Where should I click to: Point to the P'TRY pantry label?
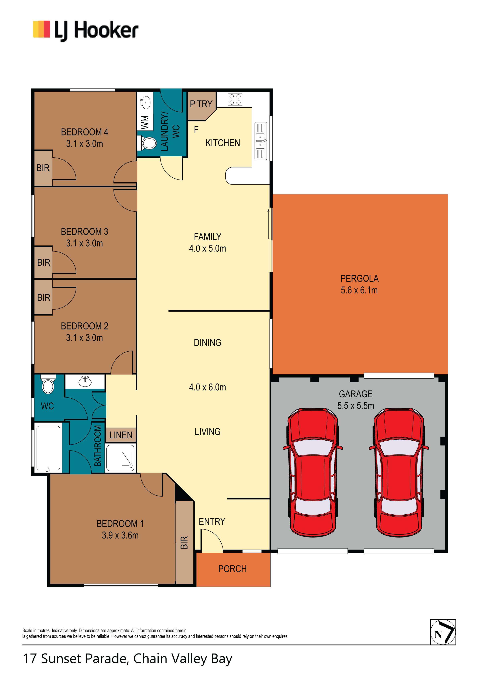coord(201,104)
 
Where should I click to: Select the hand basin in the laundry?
coord(145,103)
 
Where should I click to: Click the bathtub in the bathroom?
coord(48,448)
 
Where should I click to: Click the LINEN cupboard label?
coord(121,435)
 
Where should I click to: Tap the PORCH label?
coord(233,569)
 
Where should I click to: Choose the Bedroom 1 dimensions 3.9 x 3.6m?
coord(120,535)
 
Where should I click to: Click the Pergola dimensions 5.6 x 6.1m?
coord(359,290)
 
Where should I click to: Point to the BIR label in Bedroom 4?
coord(43,168)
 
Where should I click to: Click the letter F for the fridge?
coord(196,130)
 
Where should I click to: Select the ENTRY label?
coord(212,521)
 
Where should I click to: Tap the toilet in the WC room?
coord(48,384)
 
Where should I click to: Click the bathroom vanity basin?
coord(85,382)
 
